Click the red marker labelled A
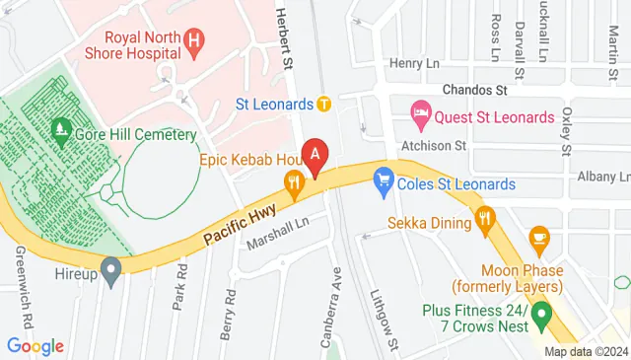click(x=315, y=155)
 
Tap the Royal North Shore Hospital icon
click(x=195, y=42)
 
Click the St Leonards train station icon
click(x=323, y=103)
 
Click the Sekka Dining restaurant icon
click(x=484, y=221)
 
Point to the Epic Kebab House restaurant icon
click(x=293, y=180)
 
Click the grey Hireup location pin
click(x=110, y=267)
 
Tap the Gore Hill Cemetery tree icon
click(x=60, y=129)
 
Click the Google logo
click(x=35, y=346)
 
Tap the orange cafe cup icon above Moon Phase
click(x=538, y=237)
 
